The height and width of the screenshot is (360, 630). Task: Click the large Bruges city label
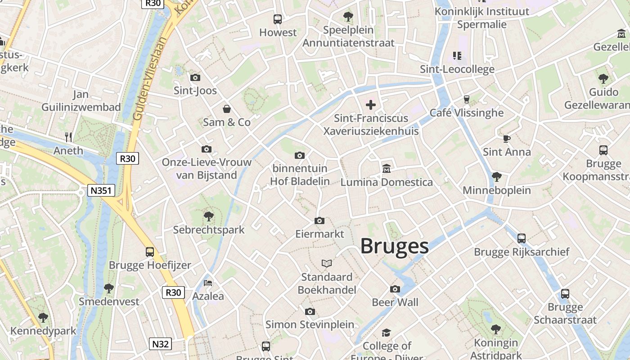394,246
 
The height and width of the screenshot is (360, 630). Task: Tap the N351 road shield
101,190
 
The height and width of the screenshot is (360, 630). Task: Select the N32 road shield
160,344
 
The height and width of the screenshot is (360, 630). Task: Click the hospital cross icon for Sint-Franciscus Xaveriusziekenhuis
371,105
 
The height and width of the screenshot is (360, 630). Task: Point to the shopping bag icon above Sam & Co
227,109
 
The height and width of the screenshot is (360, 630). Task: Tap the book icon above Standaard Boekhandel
327,263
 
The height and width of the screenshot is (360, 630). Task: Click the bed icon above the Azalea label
208,283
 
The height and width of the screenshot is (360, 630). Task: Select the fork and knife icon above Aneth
68,137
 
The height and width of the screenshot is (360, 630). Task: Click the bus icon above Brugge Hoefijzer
150,252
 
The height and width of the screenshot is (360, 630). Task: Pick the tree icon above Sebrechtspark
208,216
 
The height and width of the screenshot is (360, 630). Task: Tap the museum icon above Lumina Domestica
386,169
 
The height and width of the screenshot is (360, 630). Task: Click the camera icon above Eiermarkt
319,220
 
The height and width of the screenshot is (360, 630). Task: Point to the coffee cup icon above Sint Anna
507,139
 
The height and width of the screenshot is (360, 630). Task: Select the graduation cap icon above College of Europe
386,333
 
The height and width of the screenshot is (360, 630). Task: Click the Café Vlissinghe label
466,112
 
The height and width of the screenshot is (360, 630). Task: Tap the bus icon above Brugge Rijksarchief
522,238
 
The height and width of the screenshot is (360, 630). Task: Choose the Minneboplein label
497,190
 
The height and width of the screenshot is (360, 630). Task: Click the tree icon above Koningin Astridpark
495,329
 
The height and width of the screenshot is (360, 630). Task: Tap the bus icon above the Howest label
278,19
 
